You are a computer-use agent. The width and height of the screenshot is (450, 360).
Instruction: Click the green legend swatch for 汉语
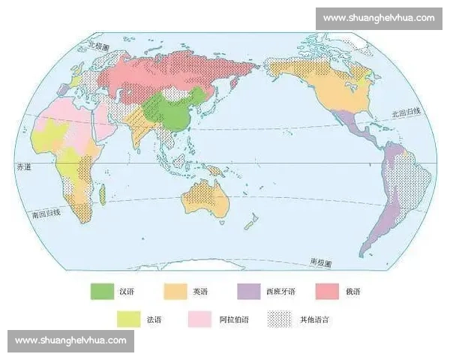coord(100,289)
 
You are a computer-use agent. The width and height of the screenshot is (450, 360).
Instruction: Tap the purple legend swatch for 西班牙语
coord(248,289)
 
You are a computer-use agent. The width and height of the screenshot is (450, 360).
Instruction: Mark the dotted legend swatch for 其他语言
coord(279,319)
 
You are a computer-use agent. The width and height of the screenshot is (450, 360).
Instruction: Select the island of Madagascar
coord(101,196)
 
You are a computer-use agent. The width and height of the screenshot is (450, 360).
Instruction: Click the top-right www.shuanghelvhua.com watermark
coord(379,17)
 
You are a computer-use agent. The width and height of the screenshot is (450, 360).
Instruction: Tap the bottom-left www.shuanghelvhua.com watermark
coord(72,340)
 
